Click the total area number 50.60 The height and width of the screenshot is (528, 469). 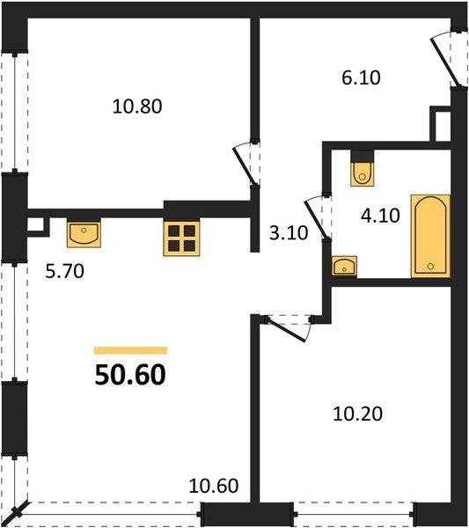pyautogui.click(x=130, y=375)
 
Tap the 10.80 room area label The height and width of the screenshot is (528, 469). pyautogui.click(x=137, y=106)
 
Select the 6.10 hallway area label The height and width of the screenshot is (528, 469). pyautogui.click(x=361, y=77)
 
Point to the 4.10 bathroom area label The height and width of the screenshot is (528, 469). pyautogui.click(x=380, y=216)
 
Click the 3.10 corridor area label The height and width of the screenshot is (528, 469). pyautogui.click(x=289, y=232)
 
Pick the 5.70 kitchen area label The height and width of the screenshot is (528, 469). pyautogui.click(x=64, y=271)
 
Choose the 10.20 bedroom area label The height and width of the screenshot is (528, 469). pyautogui.click(x=357, y=414)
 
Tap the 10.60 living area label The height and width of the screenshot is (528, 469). pyautogui.click(x=214, y=486)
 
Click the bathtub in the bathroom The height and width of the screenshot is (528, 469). pyautogui.click(x=430, y=236)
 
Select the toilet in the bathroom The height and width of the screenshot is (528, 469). pyautogui.click(x=363, y=173)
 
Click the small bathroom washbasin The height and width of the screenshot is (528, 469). pyautogui.click(x=344, y=267)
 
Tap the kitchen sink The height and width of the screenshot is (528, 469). pyautogui.click(x=84, y=234)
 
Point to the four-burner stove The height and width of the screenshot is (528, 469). pyautogui.click(x=181, y=238)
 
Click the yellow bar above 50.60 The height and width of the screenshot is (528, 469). pyautogui.click(x=130, y=350)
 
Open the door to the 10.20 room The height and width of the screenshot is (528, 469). pyautogui.click(x=289, y=328)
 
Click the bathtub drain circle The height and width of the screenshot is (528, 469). pyautogui.click(x=430, y=267)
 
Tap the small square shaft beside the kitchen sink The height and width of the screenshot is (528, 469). pyautogui.click(x=35, y=224)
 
